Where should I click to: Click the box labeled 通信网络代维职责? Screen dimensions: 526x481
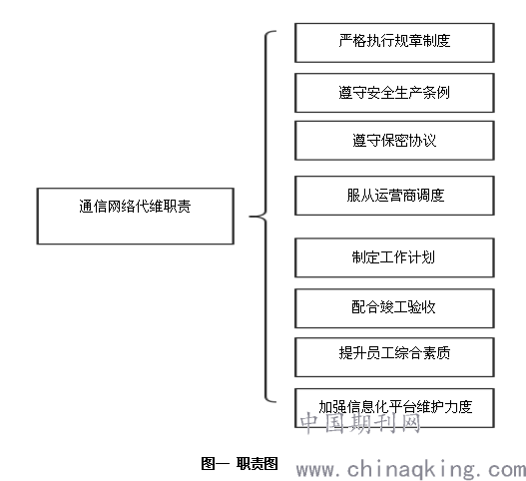coord(135,216)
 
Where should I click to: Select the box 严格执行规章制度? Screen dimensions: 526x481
coord(394,43)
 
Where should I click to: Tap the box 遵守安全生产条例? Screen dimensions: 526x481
coord(394,93)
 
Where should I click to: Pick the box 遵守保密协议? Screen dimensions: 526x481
coord(394,141)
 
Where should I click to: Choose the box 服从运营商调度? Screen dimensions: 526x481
coord(394,196)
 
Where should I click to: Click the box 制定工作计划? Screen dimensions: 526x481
coord(394,257)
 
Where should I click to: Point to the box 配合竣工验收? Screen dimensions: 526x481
coord(394,308)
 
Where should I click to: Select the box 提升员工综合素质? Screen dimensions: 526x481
coord(394,357)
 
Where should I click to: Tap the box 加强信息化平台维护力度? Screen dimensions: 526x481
coord(394,408)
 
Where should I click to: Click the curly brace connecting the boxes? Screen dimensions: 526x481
coord(266,217)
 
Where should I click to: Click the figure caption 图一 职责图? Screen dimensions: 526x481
coord(240,464)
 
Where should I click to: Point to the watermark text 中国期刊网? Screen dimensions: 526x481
coord(360,423)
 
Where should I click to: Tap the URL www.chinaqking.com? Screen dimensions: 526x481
coord(411,470)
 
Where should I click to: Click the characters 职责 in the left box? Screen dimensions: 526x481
coord(177,207)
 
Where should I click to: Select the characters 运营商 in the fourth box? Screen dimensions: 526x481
coord(395,196)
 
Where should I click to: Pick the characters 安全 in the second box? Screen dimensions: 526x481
coord(380,93)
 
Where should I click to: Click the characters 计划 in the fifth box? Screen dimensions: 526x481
coord(421,257)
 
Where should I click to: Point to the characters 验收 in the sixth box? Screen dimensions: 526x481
coord(421,307)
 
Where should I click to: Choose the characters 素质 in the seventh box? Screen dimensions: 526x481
coord(436,353)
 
